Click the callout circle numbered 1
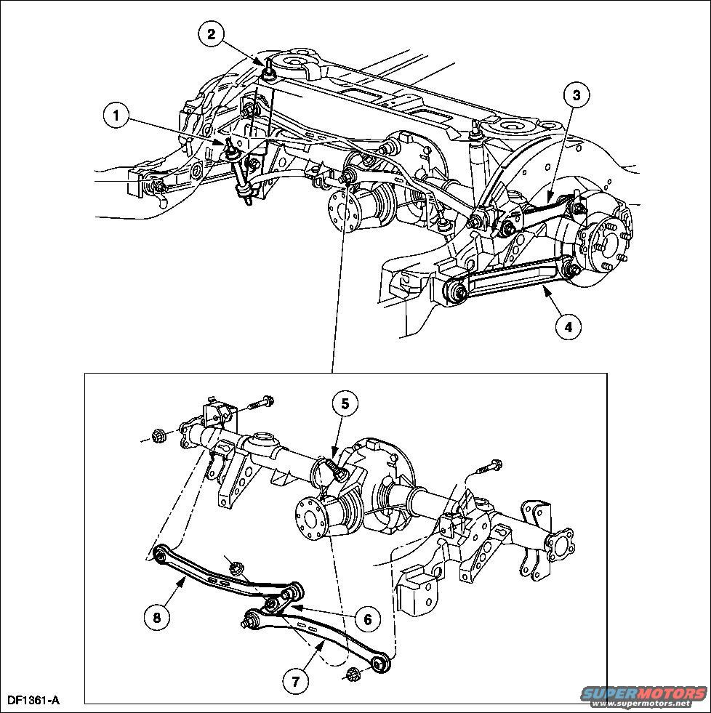click(x=116, y=116)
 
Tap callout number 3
click(x=577, y=95)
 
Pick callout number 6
click(x=368, y=619)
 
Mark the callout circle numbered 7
click(x=296, y=681)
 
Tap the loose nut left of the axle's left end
click(x=158, y=438)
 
